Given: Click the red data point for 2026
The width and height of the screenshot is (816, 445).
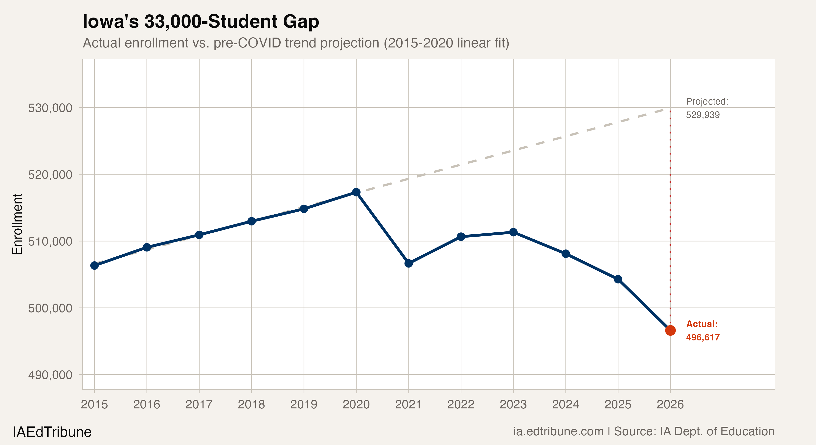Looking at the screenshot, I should point(670,330).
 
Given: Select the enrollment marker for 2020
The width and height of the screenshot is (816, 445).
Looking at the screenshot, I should point(356,192).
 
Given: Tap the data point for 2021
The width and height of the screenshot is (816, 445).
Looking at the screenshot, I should point(409,263).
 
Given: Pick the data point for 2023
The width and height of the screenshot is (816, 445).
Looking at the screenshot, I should point(513,232).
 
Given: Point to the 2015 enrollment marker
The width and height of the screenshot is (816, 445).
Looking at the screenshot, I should point(94,266).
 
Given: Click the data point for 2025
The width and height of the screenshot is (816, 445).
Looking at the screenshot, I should point(618,279).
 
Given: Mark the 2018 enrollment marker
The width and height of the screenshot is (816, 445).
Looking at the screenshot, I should point(251,221).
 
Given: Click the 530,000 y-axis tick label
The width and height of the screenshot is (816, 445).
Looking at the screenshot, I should point(50,108).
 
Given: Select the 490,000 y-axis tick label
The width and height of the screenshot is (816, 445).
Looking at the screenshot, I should point(50,375).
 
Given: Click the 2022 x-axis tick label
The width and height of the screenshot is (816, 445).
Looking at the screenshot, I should point(461,405).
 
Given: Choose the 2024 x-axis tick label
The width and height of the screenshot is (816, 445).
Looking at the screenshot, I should point(566,405).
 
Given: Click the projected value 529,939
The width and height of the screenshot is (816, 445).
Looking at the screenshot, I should point(703,115).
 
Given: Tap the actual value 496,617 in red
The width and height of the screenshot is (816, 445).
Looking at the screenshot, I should point(703,337).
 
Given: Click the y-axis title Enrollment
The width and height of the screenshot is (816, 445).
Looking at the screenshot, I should point(17,224).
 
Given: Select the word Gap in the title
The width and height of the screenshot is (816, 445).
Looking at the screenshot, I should point(301,22).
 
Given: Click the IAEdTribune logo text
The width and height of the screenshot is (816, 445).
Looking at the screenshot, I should point(52,432).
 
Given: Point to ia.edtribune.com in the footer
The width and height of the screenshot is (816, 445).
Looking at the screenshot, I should point(558,431).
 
